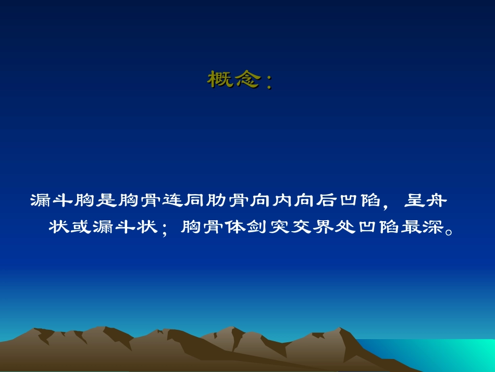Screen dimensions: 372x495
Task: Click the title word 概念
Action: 233,79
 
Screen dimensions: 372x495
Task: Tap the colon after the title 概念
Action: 268,82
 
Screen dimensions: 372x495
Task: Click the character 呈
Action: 412,200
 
